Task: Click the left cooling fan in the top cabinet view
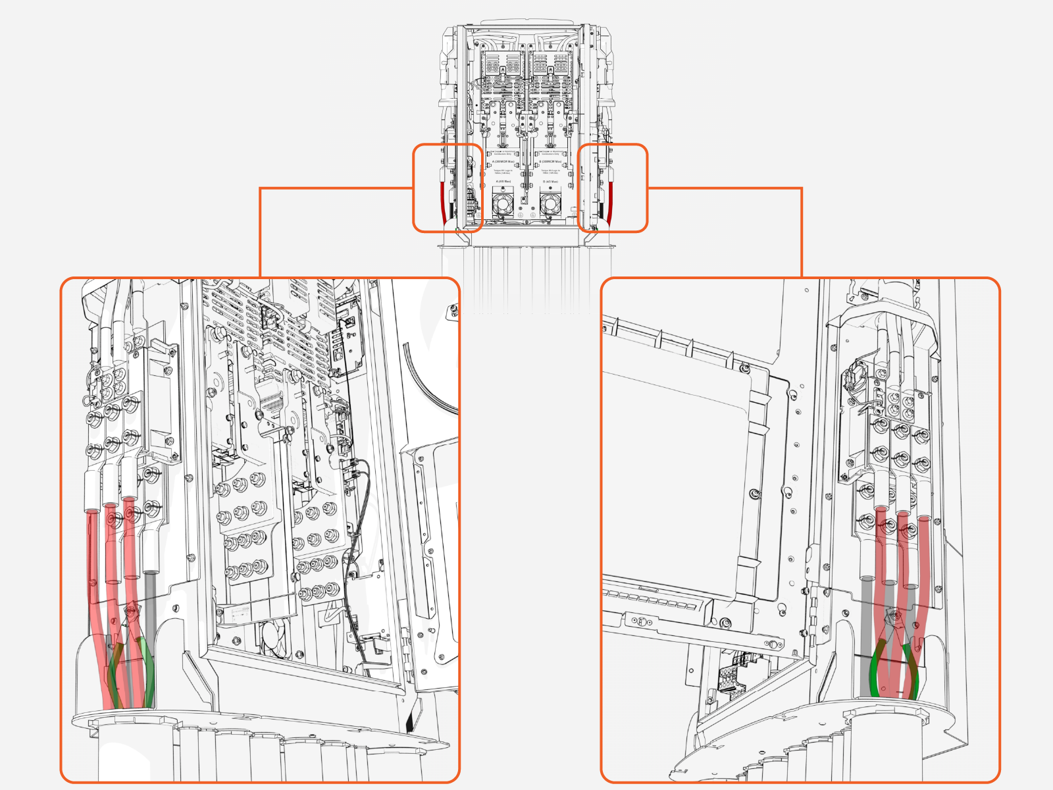tap(503, 205)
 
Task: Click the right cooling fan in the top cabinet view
tap(550, 205)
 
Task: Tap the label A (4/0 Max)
tap(503, 181)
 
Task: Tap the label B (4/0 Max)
tap(550, 181)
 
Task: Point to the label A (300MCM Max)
tap(503, 161)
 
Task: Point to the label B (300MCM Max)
tap(550, 161)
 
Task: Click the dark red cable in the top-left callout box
tap(442, 201)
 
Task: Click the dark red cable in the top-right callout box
tap(610, 201)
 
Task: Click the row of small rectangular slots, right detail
tap(652, 599)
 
